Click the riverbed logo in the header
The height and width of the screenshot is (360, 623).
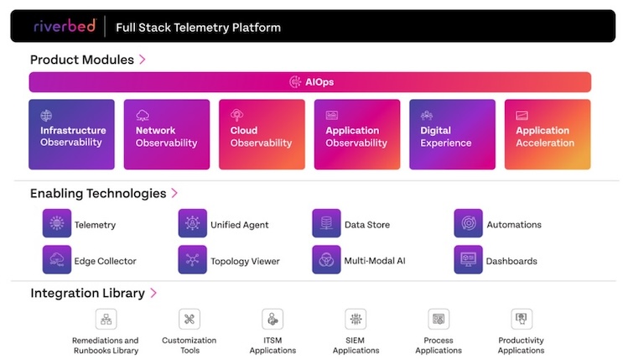(x=65, y=26)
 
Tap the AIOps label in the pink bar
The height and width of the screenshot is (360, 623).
(x=319, y=82)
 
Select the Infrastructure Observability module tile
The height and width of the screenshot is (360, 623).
(x=71, y=134)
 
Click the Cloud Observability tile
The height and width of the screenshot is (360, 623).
(x=262, y=134)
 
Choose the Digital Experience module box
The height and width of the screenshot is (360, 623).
(x=452, y=134)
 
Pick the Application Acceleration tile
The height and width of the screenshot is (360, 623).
(x=548, y=134)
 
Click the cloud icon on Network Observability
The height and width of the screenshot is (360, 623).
(x=143, y=115)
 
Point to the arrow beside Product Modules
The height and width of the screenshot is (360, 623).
(x=143, y=60)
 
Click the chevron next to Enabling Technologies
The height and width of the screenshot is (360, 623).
(x=174, y=193)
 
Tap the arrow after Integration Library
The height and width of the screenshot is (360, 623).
(x=153, y=293)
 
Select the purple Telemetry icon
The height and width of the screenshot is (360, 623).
(x=57, y=223)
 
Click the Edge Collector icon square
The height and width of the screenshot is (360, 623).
(x=57, y=259)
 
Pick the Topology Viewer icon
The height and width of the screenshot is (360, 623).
(x=192, y=259)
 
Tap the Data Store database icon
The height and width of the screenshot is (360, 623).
(x=326, y=223)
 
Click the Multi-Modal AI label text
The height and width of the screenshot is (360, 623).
(x=375, y=261)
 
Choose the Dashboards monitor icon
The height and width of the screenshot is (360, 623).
(x=468, y=259)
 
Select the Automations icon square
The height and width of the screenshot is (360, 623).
(x=468, y=223)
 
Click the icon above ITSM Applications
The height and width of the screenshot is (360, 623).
(x=273, y=319)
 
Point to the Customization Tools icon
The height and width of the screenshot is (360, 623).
(x=189, y=319)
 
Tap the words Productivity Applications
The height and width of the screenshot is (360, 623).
(x=521, y=345)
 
